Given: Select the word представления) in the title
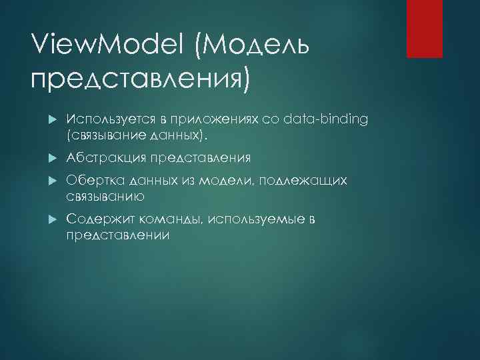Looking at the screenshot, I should (141, 81).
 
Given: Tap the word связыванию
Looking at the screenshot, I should (106, 197).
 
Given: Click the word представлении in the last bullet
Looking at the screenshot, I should (119, 235).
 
